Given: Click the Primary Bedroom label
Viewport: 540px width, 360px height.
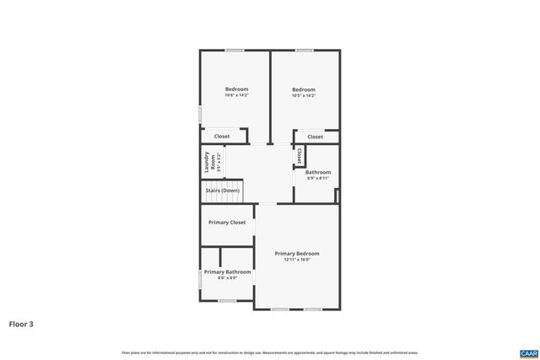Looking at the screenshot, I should (297, 253).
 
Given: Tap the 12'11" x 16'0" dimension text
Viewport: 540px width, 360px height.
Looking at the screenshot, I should (297, 260).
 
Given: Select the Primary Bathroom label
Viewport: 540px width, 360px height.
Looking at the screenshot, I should (227, 271).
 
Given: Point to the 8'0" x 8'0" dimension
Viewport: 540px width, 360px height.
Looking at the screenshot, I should (227, 277).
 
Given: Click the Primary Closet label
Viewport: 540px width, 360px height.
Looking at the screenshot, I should (227, 223).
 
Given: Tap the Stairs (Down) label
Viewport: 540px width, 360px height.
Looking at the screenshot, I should (222, 191).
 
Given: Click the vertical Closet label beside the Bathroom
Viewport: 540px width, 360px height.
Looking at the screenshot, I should (300, 157).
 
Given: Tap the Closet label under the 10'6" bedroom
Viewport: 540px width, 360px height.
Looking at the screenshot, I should (222, 136).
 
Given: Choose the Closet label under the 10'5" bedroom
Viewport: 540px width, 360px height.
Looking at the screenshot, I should (315, 136).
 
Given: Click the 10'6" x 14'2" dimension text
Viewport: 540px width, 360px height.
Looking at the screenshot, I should (236, 95).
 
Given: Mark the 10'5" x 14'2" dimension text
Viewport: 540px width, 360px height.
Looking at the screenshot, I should (304, 95).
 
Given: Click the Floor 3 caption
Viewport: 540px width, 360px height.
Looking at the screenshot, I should (21, 323).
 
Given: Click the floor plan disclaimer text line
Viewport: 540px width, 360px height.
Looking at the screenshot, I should (270, 352).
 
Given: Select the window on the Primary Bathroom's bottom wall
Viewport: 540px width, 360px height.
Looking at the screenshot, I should (227, 300).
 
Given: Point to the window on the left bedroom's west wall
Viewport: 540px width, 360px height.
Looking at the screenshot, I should (200, 113).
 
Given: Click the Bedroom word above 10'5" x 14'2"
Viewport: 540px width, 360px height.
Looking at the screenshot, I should (304, 89).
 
